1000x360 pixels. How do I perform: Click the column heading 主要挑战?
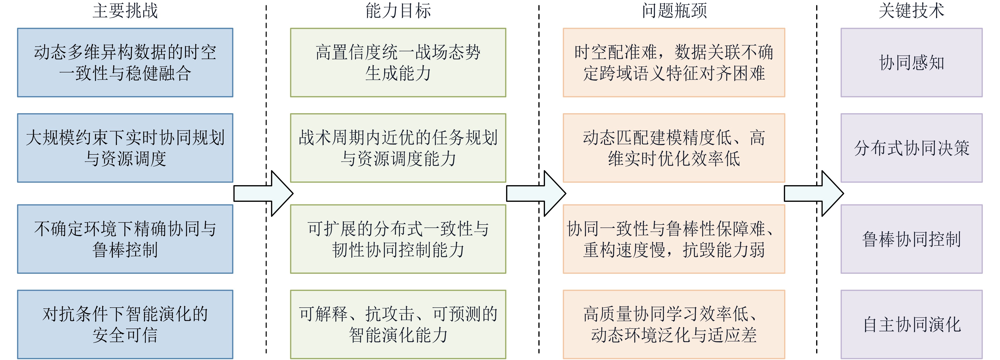point(125,11)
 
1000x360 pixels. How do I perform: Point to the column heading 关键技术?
point(911,11)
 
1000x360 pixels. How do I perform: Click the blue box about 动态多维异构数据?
point(125,62)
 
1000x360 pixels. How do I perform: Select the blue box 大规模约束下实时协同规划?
point(125,148)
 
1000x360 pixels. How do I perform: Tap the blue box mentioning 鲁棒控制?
point(125,239)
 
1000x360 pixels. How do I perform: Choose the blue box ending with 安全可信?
point(125,324)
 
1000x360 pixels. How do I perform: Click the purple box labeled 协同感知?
point(911,62)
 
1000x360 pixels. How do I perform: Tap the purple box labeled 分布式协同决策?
point(911,148)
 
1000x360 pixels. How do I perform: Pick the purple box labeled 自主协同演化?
point(911,324)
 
